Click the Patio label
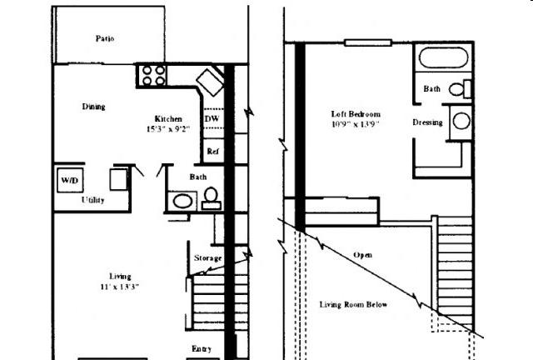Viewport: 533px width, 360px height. coord(105,38)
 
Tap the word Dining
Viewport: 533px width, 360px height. coord(93,107)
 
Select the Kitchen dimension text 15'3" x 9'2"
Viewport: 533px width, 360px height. coord(168,129)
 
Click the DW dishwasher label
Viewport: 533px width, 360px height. coord(212,119)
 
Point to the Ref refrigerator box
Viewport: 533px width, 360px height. coord(213,151)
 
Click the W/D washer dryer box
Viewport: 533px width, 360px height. coord(70,180)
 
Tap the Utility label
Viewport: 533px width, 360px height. coord(92,200)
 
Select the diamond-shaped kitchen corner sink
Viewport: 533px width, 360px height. coord(210,82)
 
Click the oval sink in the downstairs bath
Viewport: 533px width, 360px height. coord(182,201)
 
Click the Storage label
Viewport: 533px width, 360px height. coord(207,258)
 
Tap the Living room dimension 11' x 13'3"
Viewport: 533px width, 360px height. coord(120,287)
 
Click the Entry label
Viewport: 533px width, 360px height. coord(202,349)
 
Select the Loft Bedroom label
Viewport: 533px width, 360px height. coord(356,114)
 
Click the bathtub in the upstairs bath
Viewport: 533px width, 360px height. coord(443,57)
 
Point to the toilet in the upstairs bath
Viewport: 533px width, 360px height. coord(460,89)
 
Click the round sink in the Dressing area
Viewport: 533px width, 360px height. coord(461,121)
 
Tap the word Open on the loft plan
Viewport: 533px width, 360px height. coord(362,255)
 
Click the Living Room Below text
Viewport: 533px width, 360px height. coord(353,304)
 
